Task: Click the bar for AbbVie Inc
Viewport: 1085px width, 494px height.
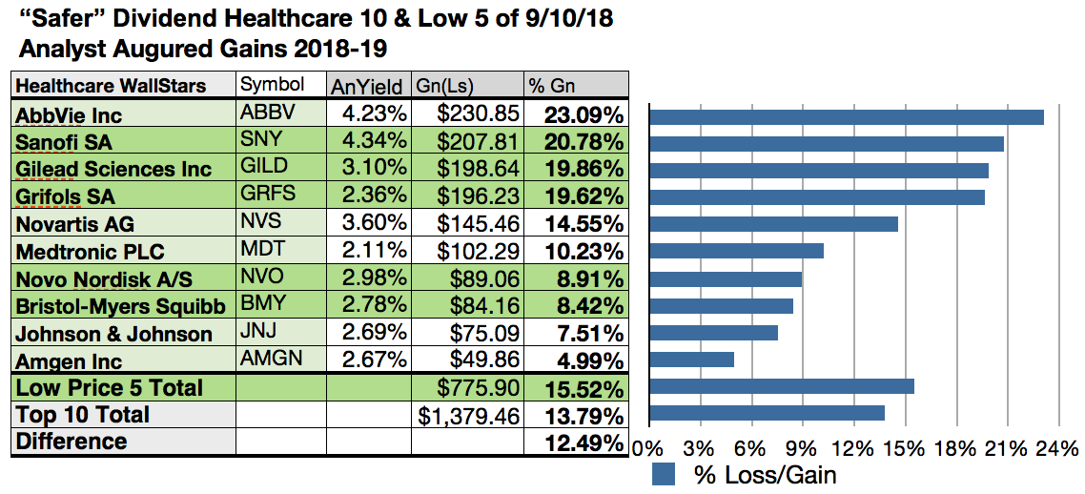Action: tap(846, 117)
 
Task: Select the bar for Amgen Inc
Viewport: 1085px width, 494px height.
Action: tap(691, 360)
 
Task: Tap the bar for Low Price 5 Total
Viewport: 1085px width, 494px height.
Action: tap(781, 386)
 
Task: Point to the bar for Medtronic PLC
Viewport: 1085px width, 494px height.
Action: tap(735, 251)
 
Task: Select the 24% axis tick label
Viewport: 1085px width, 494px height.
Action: tap(1058, 448)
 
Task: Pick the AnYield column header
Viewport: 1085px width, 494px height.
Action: tap(367, 86)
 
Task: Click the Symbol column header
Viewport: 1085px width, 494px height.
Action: tap(273, 85)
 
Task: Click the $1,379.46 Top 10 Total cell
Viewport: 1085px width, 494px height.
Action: tap(469, 415)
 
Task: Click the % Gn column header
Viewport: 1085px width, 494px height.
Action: tap(551, 86)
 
